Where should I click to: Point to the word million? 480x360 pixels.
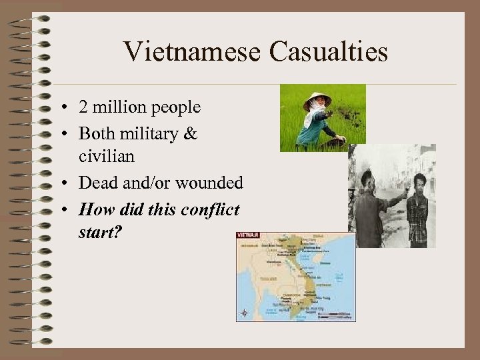[119, 107]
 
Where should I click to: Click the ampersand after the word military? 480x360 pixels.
[191, 133]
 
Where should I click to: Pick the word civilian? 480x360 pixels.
[107, 157]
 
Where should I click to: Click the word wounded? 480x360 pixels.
[207, 183]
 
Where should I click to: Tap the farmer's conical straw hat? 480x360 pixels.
[317, 99]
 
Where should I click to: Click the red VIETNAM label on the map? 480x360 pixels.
[247, 235]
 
